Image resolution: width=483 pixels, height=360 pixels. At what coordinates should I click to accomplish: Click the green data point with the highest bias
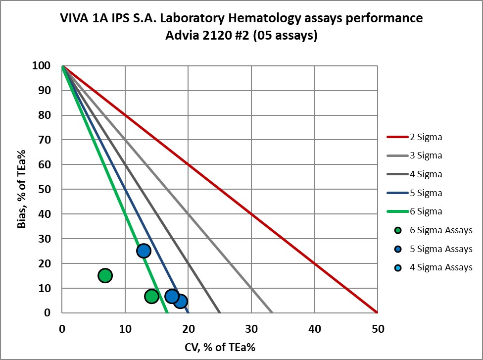105,275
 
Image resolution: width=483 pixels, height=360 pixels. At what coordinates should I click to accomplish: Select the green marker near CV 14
151,296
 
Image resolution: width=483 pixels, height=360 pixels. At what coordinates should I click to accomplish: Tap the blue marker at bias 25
144,251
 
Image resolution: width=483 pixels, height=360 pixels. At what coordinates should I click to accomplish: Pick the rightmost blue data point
181,301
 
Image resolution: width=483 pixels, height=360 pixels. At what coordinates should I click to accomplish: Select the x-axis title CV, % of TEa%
219,346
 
